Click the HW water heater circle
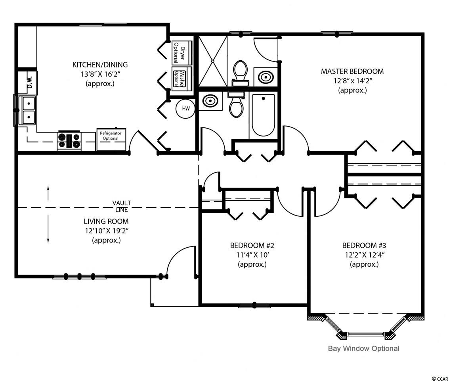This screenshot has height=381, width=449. pyautogui.click(x=186, y=109)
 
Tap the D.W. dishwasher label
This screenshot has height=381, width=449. pyautogui.click(x=30, y=83)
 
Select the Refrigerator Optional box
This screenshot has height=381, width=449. pyautogui.click(x=111, y=139)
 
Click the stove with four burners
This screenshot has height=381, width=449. pyautogui.click(x=69, y=140)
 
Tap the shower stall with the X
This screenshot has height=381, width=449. pyautogui.click(x=213, y=61)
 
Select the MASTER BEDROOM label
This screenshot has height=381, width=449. pyautogui.click(x=352, y=71)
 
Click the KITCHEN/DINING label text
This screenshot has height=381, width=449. pyautogui.click(x=100, y=65)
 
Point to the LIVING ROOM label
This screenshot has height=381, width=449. pyautogui.click(x=106, y=221)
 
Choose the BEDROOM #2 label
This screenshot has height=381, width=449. pyautogui.click(x=252, y=246)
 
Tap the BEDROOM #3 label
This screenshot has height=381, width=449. pyautogui.click(x=364, y=246)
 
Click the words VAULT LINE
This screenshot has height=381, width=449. pyautogui.click(x=122, y=206)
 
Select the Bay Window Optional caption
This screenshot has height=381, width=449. pyautogui.click(x=364, y=348)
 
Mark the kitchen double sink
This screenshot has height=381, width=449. pyautogui.click(x=27, y=111)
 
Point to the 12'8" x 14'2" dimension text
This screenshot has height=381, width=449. pyautogui.click(x=353, y=81)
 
